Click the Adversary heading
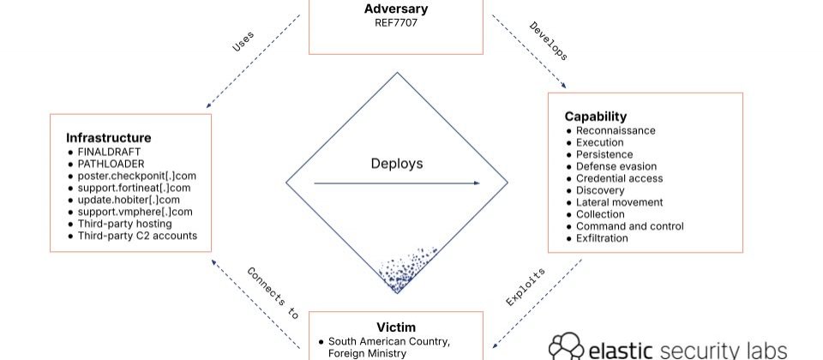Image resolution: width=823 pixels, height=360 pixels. pyautogui.click(x=396, y=9)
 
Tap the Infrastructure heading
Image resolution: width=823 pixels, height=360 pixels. pyautogui.click(x=109, y=137)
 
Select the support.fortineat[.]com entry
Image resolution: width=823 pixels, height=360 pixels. pyautogui.click(x=134, y=188)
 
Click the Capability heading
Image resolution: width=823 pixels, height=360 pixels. pyautogui.click(x=595, y=117)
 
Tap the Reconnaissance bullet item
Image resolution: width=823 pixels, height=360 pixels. pyautogui.click(x=616, y=130)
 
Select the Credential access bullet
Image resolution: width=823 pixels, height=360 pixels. pyautogui.click(x=618, y=178)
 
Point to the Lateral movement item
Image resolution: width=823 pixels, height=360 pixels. pyautogui.click(x=619, y=202)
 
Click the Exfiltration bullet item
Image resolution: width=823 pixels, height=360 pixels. pyautogui.click(x=602, y=238)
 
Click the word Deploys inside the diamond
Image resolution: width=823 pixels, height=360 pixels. pyautogui.click(x=396, y=163)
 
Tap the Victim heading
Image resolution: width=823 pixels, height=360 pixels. pyautogui.click(x=396, y=327)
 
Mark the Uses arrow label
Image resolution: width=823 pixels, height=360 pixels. pyautogui.click(x=243, y=42)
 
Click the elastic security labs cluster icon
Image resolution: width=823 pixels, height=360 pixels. pyautogui.click(x=566, y=346)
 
